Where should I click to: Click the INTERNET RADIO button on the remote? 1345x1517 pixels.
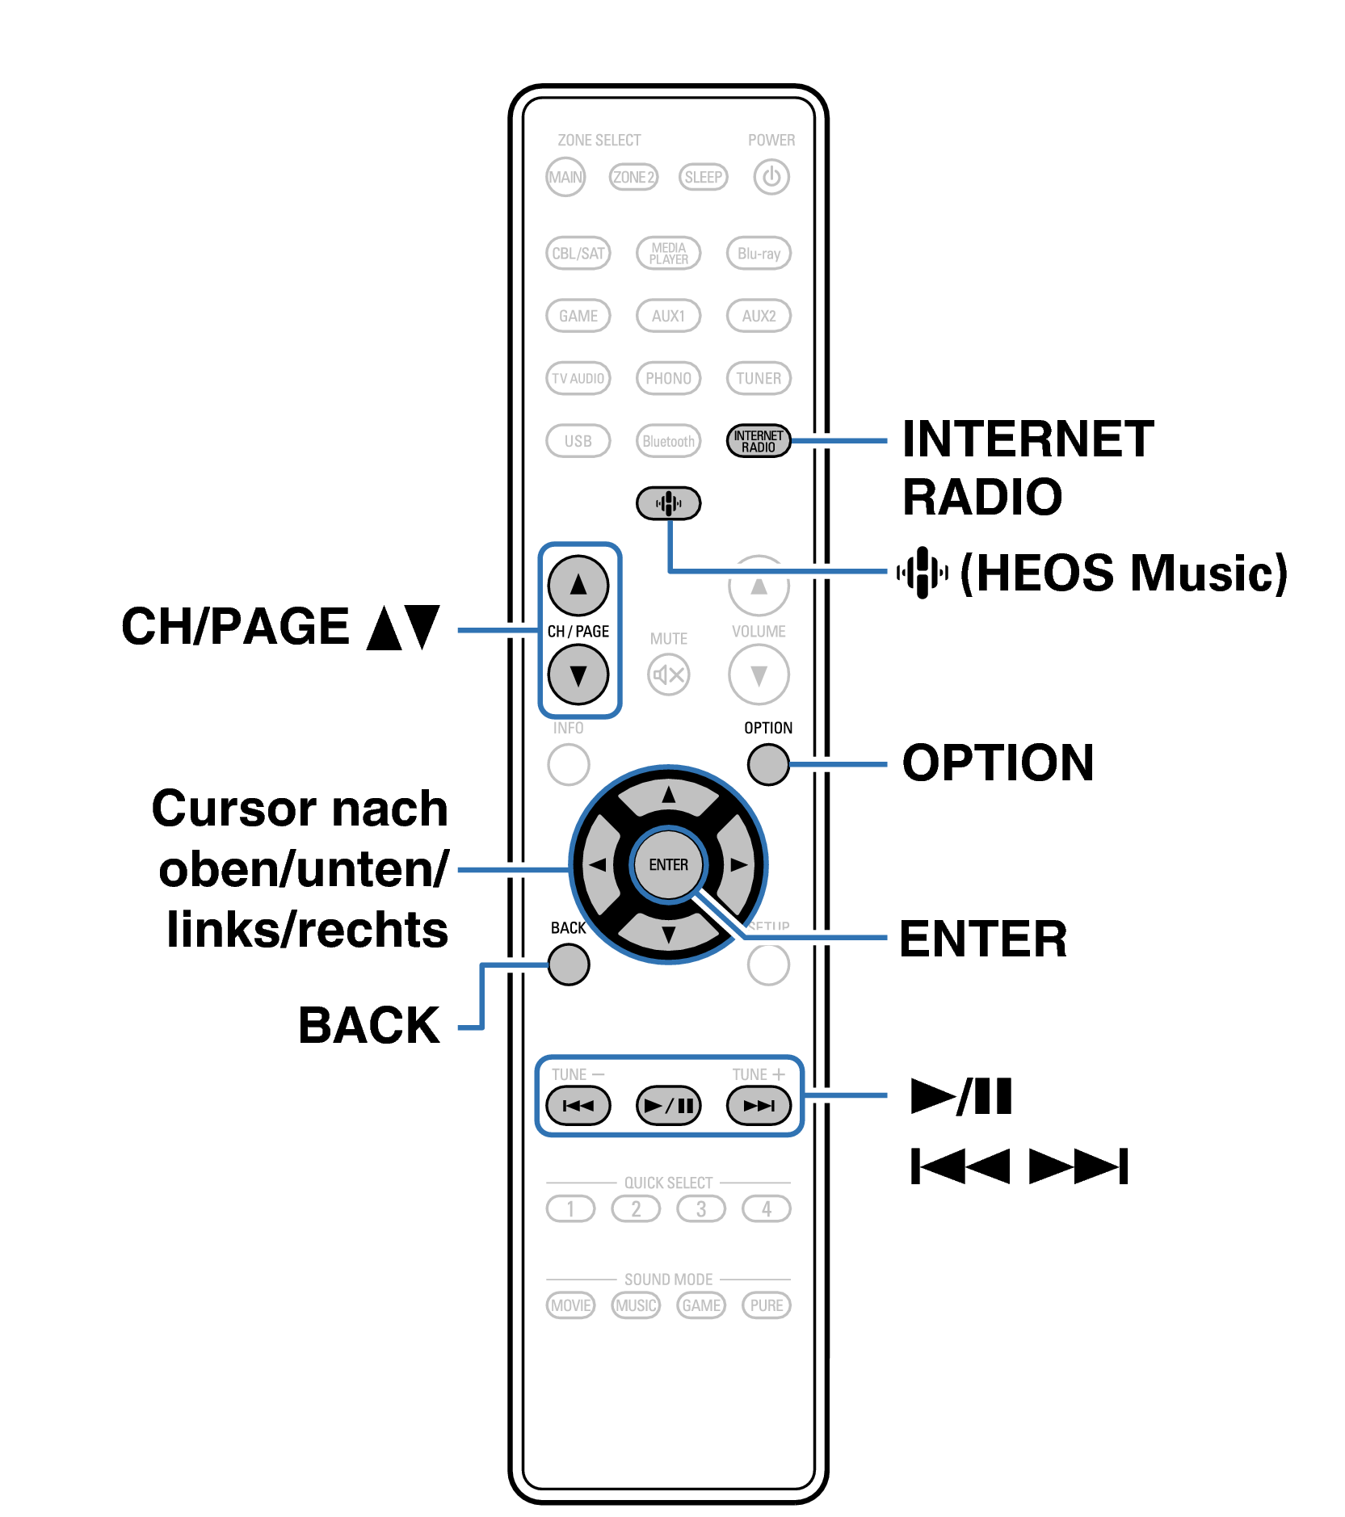[758, 441]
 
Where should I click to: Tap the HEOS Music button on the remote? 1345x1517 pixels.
[668, 503]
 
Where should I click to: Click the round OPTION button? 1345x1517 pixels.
[767, 764]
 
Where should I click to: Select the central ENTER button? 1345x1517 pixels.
[668, 864]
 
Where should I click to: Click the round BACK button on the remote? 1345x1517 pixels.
[568, 964]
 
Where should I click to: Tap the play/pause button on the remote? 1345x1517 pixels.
[668, 1105]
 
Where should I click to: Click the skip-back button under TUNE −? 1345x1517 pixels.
[578, 1105]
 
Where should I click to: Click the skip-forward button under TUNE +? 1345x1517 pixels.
[759, 1105]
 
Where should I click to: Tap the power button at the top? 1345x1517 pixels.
[771, 177]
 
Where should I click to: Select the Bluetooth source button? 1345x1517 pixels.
[668, 441]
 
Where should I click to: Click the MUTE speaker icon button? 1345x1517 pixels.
[668, 674]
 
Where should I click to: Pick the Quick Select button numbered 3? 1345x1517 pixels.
[700, 1208]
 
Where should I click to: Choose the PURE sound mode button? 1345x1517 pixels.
[766, 1305]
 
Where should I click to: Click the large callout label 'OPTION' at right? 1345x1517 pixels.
[998, 763]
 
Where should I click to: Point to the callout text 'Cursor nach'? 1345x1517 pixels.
[300, 809]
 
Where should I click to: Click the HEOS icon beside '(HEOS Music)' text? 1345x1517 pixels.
[922, 572]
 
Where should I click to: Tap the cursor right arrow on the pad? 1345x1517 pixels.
[738, 864]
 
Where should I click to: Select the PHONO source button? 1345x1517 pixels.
[668, 378]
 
